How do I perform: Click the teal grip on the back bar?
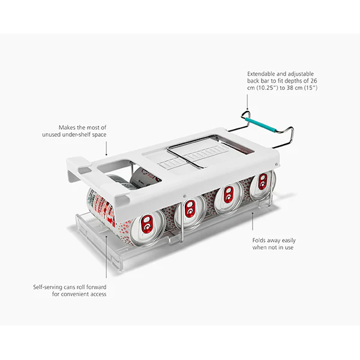260,125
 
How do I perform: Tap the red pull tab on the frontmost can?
147,224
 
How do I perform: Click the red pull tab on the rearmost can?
263,181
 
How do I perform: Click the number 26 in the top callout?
314,80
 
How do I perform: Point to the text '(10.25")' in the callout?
265,88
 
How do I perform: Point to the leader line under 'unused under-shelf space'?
106,148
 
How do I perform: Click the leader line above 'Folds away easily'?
253,221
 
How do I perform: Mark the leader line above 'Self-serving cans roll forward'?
106,257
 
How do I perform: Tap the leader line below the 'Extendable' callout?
247,102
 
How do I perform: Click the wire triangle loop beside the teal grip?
245,115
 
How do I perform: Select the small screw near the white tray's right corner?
277,164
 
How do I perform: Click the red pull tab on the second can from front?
190,209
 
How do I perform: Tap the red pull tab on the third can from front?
229,194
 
